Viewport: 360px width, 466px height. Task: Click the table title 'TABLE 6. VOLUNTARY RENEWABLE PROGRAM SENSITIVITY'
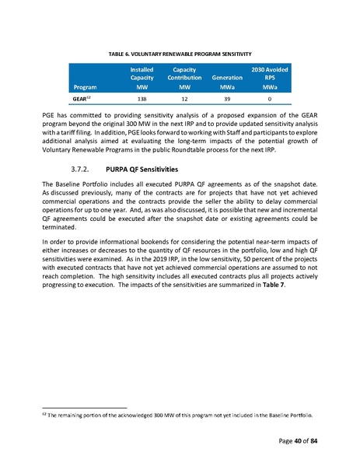[x=180, y=53]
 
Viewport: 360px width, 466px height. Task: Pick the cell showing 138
[x=142, y=100]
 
